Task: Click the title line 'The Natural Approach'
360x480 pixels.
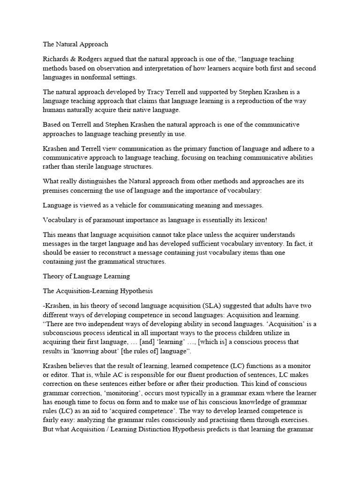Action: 75,45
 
